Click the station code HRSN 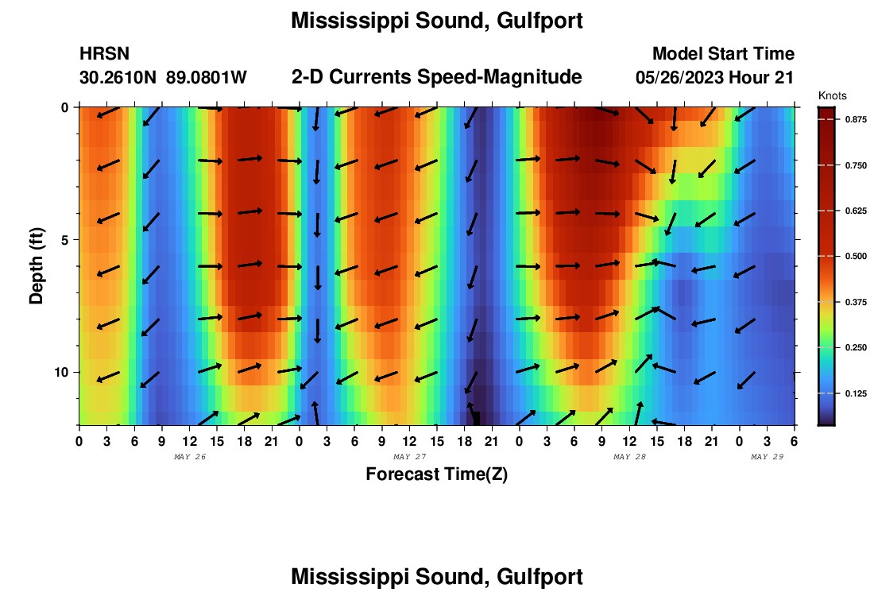[104, 54]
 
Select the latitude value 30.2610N [118, 78]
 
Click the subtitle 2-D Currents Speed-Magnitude [437, 77]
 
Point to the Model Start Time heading [723, 54]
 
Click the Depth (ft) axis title [36, 266]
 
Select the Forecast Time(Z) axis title [436, 474]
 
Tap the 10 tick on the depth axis [65, 372]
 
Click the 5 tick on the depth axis [68, 239]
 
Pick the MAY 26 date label [189, 457]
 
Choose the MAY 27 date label [409, 457]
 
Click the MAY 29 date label [768, 457]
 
